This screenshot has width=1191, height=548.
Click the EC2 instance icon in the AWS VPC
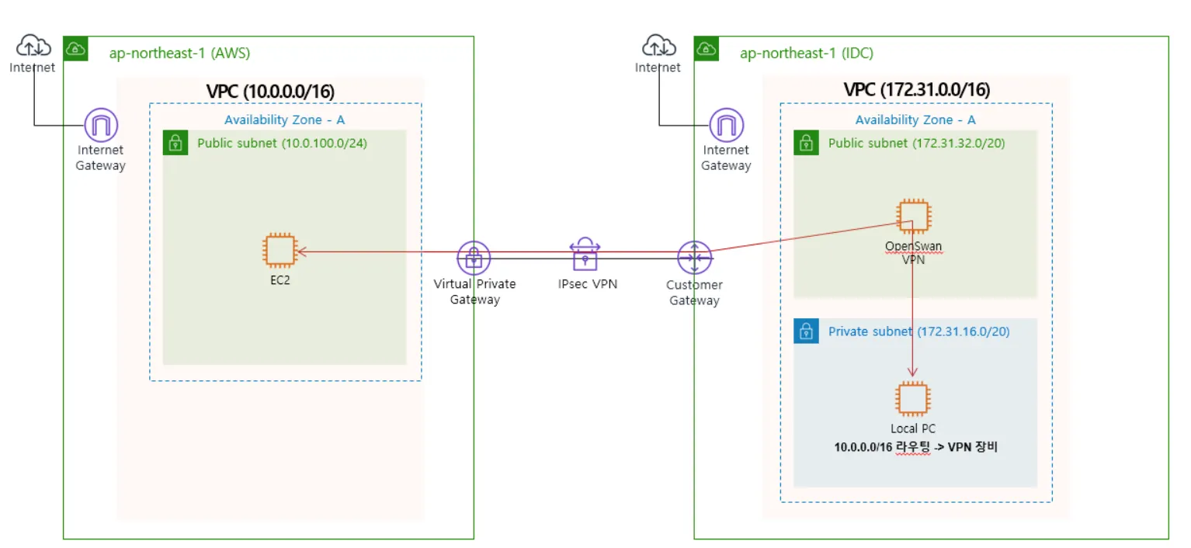(x=280, y=250)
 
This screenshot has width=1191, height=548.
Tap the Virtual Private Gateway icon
(x=474, y=258)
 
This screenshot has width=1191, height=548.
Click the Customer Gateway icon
(x=694, y=258)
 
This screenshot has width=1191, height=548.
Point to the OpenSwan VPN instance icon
(x=913, y=217)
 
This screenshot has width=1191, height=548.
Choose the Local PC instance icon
(x=913, y=398)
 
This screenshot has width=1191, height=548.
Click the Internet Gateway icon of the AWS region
(x=101, y=124)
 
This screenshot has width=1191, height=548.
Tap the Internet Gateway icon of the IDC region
(x=727, y=124)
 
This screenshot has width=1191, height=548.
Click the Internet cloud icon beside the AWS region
(x=33, y=47)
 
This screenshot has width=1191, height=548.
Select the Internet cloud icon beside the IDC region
(x=658, y=47)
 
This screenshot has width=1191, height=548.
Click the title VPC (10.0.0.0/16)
(x=270, y=92)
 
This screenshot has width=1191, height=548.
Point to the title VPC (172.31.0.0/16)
(x=917, y=90)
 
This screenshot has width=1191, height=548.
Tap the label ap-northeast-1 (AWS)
(x=179, y=54)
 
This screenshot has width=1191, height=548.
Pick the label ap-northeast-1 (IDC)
(x=806, y=54)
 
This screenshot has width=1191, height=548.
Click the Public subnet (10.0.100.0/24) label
(x=282, y=144)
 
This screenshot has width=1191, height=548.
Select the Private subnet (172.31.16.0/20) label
(x=918, y=331)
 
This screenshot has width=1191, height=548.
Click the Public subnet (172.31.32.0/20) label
(x=917, y=144)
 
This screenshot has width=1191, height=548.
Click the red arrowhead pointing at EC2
(x=300, y=251)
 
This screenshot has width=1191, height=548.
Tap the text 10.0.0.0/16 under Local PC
(x=864, y=448)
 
